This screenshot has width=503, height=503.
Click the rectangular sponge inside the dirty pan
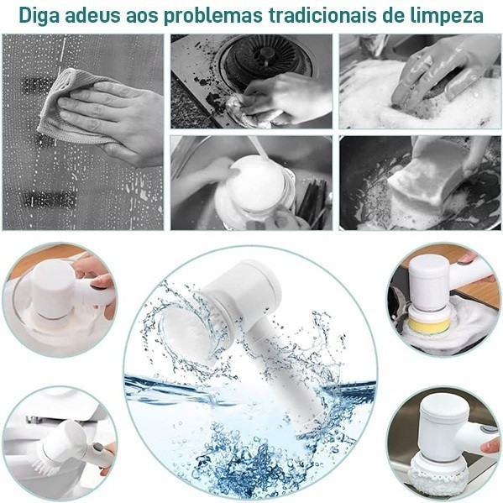424,181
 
